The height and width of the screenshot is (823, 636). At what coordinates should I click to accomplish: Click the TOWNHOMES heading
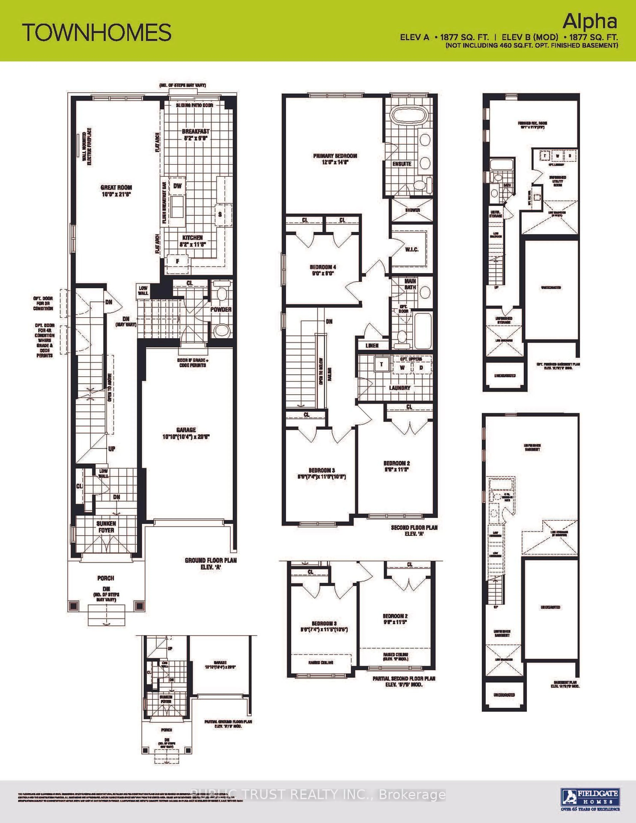(97, 32)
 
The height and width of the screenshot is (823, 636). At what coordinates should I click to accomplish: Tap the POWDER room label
(221, 309)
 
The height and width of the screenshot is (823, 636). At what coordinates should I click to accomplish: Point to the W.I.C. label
(412, 249)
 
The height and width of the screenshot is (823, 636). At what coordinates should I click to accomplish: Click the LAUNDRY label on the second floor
(399, 388)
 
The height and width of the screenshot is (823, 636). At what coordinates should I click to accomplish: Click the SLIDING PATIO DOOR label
(194, 105)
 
